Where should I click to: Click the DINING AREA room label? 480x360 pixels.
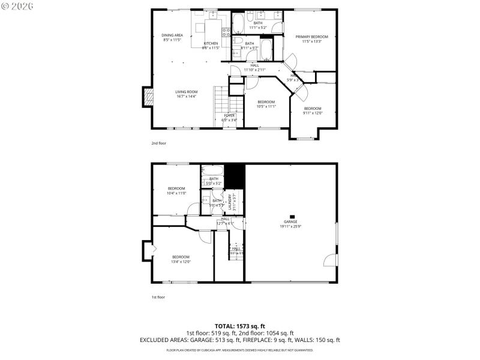pyautogui.click(x=172, y=35)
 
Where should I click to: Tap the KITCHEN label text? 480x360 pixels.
pyautogui.click(x=211, y=44)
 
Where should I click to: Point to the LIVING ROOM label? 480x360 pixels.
pyautogui.click(x=186, y=92)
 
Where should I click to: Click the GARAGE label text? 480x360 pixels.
pyautogui.click(x=290, y=221)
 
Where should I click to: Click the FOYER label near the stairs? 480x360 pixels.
pyautogui.click(x=230, y=115)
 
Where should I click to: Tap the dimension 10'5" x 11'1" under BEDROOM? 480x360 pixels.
pyautogui.click(x=266, y=106)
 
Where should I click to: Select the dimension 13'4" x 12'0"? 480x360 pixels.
pyautogui.click(x=181, y=262)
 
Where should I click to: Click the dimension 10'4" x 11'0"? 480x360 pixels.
pyautogui.click(x=176, y=193)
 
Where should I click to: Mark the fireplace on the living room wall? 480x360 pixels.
pyautogui.click(x=146, y=97)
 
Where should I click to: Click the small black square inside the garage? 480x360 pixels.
pyautogui.click(x=292, y=217)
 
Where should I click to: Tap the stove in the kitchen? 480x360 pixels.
pyautogui.click(x=227, y=32)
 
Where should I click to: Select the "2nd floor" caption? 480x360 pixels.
pyautogui.click(x=159, y=143)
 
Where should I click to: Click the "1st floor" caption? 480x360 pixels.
pyautogui.click(x=158, y=297)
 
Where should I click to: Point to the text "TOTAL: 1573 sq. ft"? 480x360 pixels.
pyautogui.click(x=239, y=326)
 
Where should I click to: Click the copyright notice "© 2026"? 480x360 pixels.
pyautogui.click(x=18, y=6)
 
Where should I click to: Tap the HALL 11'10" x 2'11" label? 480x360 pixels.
pyautogui.click(x=255, y=67)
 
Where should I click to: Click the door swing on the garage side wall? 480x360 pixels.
pyautogui.click(x=329, y=260)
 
